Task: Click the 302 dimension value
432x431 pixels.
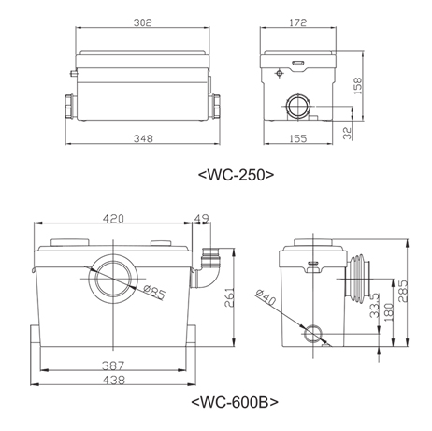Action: [143, 22]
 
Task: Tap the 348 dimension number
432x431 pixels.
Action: [143, 138]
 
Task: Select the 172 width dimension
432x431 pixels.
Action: [298, 22]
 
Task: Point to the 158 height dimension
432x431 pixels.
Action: [358, 86]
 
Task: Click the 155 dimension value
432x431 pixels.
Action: [298, 138]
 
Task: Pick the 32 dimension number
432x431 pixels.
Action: [347, 133]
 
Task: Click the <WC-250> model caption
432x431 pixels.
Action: [236, 175]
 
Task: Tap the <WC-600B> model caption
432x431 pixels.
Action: [235, 402]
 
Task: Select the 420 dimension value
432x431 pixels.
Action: [113, 219]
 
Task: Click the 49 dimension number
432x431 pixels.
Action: [202, 219]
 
